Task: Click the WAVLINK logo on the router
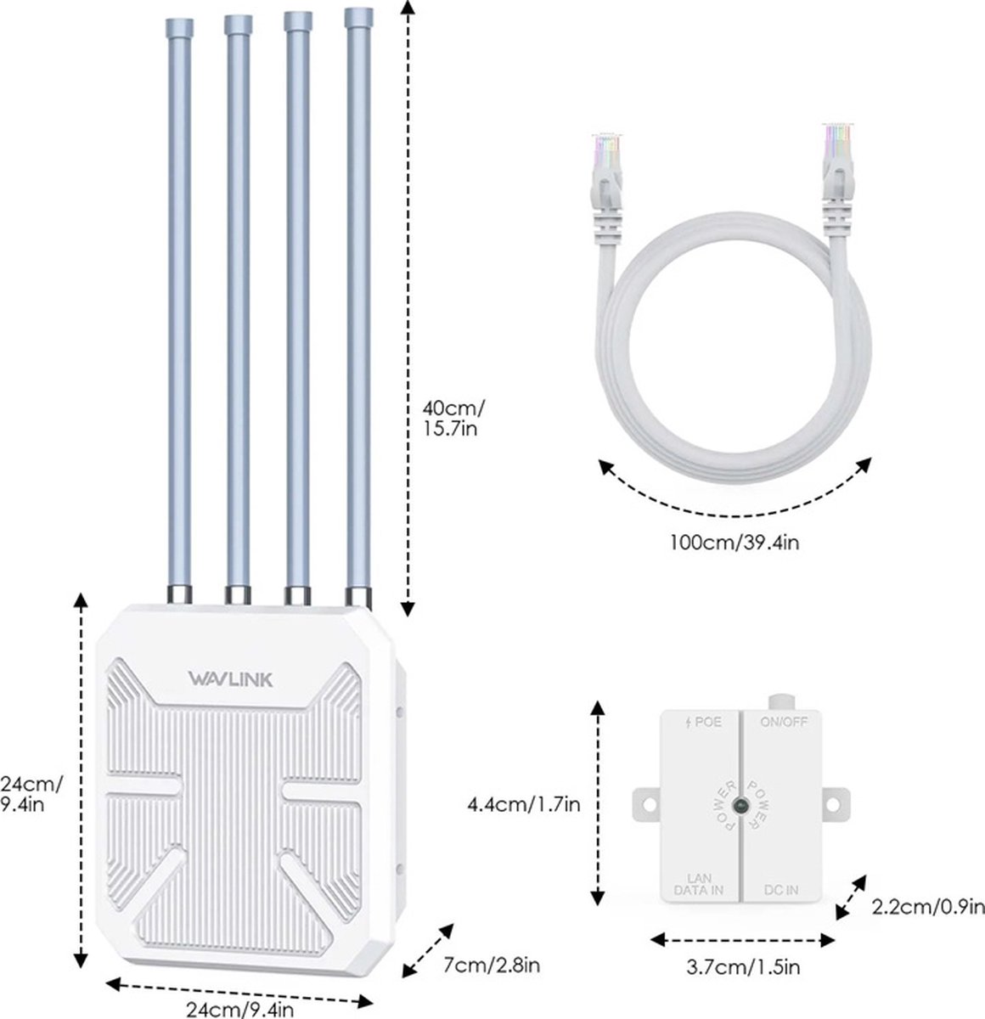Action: (x=230, y=679)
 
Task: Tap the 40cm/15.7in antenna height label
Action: (x=453, y=418)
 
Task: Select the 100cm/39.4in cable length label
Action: (x=735, y=543)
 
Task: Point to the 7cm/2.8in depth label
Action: (x=491, y=965)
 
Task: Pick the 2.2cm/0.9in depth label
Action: (x=928, y=907)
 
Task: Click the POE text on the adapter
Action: (x=704, y=723)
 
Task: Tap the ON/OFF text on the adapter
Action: (x=784, y=722)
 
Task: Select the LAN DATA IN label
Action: (x=699, y=884)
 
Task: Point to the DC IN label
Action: (x=780, y=890)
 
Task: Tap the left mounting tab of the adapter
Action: (x=645, y=805)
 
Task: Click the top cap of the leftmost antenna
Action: (x=179, y=28)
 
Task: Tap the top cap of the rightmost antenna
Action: (x=358, y=18)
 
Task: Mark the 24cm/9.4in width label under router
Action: (x=239, y=1009)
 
